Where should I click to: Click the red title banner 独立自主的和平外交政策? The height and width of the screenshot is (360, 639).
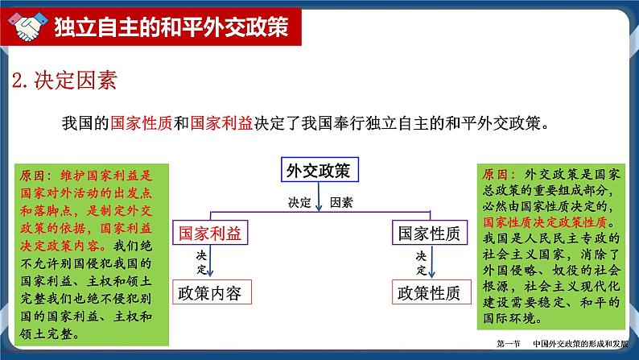169,28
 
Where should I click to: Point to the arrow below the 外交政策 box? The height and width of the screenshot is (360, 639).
319,200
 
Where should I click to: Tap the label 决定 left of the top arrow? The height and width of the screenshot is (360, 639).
299,202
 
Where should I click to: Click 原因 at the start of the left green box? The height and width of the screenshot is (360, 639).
35,173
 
